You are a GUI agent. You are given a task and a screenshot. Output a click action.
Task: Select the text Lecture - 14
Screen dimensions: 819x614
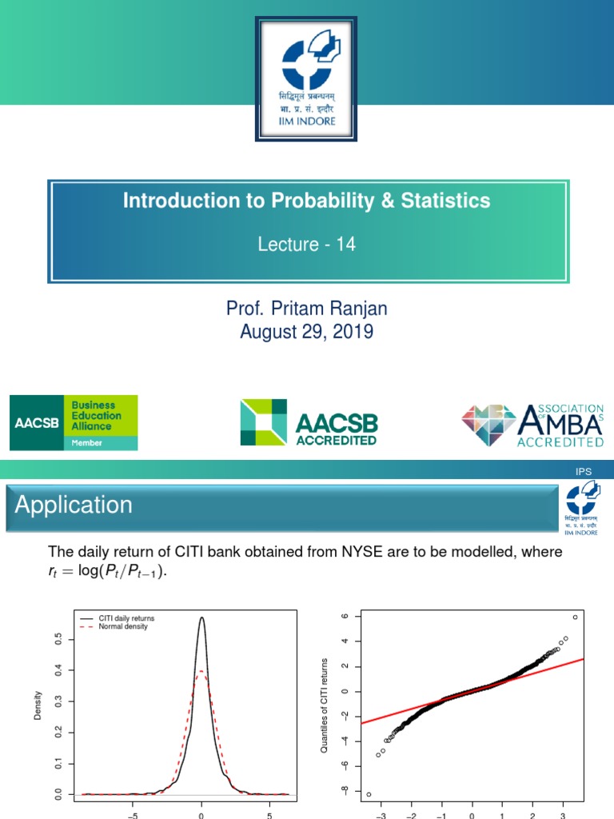(306, 245)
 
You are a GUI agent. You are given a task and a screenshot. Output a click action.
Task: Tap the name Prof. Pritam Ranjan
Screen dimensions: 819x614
(306, 308)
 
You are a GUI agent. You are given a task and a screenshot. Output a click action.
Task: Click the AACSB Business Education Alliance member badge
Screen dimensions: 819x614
(74, 422)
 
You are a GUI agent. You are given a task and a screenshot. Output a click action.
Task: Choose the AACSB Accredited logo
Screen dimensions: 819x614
(309, 422)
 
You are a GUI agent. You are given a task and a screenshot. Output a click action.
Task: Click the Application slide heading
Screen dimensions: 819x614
(74, 505)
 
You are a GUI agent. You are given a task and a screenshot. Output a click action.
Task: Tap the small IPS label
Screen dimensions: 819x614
(584, 472)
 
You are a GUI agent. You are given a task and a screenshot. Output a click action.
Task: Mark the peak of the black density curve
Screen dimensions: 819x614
(201, 617)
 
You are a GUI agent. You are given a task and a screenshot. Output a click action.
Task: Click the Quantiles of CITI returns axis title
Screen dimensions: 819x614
(325, 705)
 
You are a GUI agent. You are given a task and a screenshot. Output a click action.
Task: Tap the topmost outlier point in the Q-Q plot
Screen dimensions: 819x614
(575, 617)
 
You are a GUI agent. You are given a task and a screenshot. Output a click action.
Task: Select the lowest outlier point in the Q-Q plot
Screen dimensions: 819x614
(369, 794)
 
